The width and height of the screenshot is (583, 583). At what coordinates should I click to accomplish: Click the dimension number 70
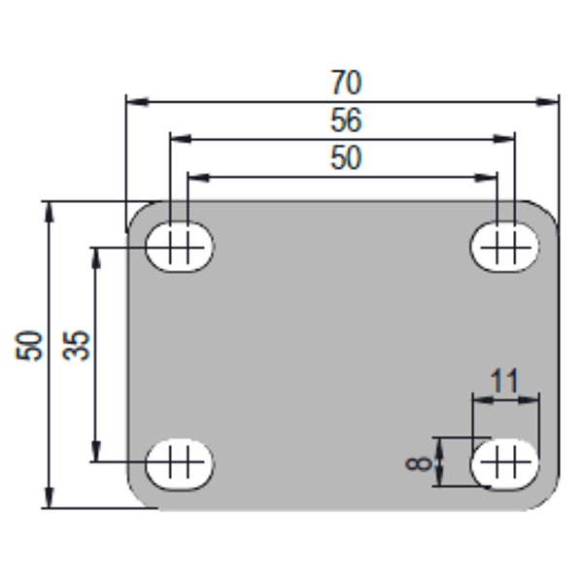tap(346, 83)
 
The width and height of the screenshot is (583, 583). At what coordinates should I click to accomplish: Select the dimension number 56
tap(346, 120)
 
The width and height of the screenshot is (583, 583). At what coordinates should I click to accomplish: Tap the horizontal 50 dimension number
tap(346, 158)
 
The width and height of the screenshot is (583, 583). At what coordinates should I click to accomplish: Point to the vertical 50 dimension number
tap(28, 345)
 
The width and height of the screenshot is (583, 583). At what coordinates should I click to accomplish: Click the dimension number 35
tap(76, 345)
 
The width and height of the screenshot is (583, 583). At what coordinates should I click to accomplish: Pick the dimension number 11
tap(504, 381)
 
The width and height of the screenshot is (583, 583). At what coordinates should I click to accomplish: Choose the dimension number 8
tap(418, 463)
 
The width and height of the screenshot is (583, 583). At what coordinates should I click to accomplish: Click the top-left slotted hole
tap(180, 247)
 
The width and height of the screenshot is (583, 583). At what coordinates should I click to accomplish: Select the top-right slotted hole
tap(505, 247)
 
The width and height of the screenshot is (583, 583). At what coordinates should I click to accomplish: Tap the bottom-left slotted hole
tap(180, 464)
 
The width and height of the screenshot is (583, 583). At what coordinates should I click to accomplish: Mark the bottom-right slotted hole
tap(505, 464)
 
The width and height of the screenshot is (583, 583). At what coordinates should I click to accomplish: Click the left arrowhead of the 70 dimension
tap(138, 101)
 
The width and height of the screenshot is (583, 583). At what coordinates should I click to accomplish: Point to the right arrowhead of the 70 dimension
tap(547, 101)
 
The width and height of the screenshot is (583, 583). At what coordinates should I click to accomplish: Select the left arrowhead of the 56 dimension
tap(181, 139)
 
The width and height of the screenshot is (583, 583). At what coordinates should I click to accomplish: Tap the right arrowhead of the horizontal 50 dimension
tap(486, 178)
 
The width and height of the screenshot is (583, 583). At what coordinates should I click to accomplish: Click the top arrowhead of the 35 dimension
tap(96, 258)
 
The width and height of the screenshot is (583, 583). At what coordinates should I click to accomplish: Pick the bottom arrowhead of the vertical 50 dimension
tap(49, 497)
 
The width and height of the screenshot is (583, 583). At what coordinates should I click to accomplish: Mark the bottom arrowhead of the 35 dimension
tap(96, 451)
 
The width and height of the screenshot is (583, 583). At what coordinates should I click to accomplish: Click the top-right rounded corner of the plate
tap(548, 211)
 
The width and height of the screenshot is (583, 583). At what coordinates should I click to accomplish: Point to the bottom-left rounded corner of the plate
tap(137, 499)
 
